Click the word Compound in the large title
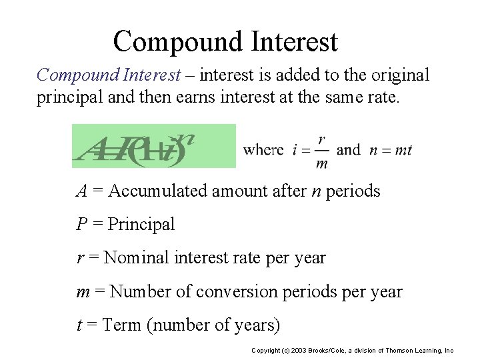point(177,41)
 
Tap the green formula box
point(154,146)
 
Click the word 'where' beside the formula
point(263,149)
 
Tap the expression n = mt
point(391,149)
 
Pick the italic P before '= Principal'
point(82,225)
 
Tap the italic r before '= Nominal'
point(80,259)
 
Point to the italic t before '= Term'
point(79,325)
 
